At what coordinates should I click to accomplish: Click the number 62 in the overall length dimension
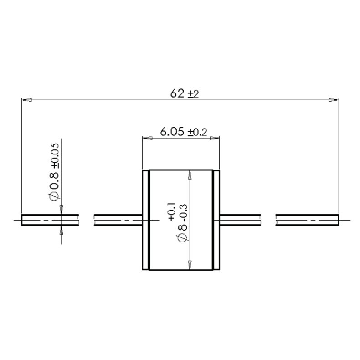point(177,93)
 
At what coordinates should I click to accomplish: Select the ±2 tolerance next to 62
point(193,94)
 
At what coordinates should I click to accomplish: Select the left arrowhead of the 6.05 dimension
point(146,137)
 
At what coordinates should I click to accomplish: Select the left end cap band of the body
point(146,220)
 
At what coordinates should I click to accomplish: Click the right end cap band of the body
point(217,220)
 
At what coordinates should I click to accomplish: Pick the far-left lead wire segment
point(50,220)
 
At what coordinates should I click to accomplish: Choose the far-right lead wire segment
point(308,220)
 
